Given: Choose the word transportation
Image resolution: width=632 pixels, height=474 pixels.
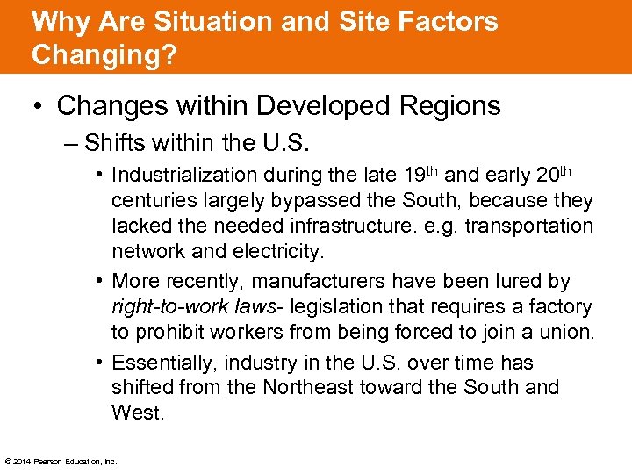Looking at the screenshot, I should point(529,226).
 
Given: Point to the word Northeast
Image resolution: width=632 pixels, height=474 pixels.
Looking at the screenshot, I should point(312,387).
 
